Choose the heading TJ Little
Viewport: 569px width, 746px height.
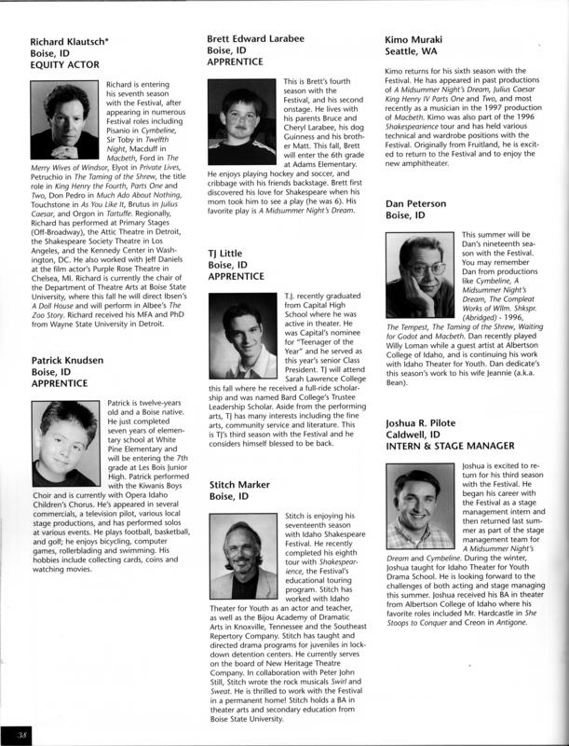[x=229, y=253]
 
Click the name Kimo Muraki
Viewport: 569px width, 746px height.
[x=416, y=39]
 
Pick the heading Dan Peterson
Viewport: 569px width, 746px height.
[x=420, y=203]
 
